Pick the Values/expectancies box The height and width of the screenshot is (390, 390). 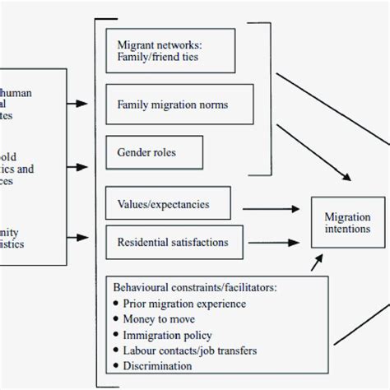(167, 202)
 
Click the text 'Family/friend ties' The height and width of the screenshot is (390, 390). (159, 58)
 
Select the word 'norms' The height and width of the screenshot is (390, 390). (211, 105)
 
